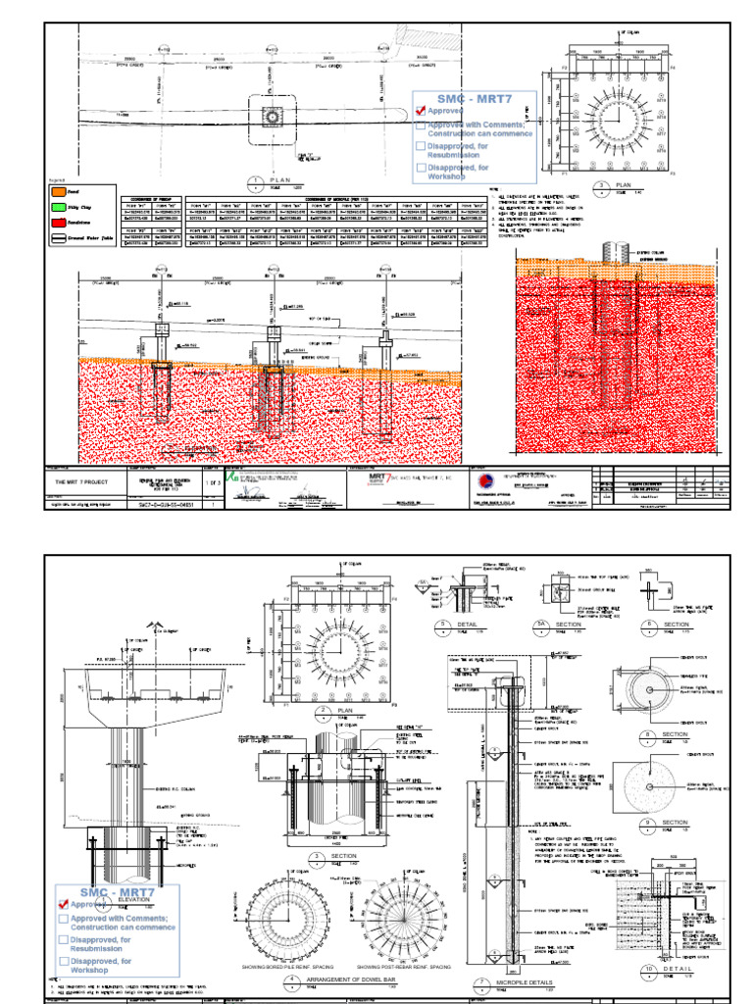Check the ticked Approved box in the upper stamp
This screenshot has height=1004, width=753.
pos(420,111)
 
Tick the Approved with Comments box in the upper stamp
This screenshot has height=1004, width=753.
pos(420,125)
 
